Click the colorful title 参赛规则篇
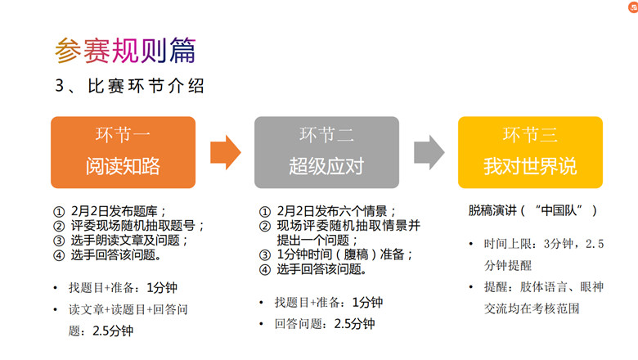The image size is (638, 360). pyautogui.click(x=125, y=51)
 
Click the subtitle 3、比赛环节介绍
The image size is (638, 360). pyautogui.click(x=129, y=86)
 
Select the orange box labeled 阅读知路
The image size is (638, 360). pyautogui.click(x=123, y=152)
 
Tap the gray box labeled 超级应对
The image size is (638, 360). pyautogui.click(x=326, y=152)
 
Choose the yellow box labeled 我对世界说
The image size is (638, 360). pyautogui.click(x=530, y=152)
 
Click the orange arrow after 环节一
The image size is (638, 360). pyautogui.click(x=226, y=152)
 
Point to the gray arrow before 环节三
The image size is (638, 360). pyautogui.click(x=429, y=152)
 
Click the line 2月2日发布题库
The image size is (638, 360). pyautogui.click(x=118, y=211)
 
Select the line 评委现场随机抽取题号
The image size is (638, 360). pyautogui.click(x=137, y=226)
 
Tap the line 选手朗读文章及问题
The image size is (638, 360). pyautogui.click(x=128, y=241)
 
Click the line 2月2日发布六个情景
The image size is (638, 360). pyautogui.click(x=336, y=211)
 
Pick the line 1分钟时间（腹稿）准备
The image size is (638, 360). pyautogui.click(x=344, y=254)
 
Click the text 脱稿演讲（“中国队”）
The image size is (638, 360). pyautogui.click(x=532, y=210)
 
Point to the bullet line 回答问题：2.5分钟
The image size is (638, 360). pyautogui.click(x=325, y=324)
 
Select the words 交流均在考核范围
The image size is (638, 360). pyautogui.click(x=532, y=308)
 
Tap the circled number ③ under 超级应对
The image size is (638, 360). pyautogui.click(x=265, y=255)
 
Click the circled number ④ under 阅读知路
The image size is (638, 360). pyautogui.click(x=59, y=255)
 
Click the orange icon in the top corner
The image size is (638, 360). pyautogui.click(x=633, y=7)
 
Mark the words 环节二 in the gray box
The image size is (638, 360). pyautogui.click(x=326, y=135)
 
